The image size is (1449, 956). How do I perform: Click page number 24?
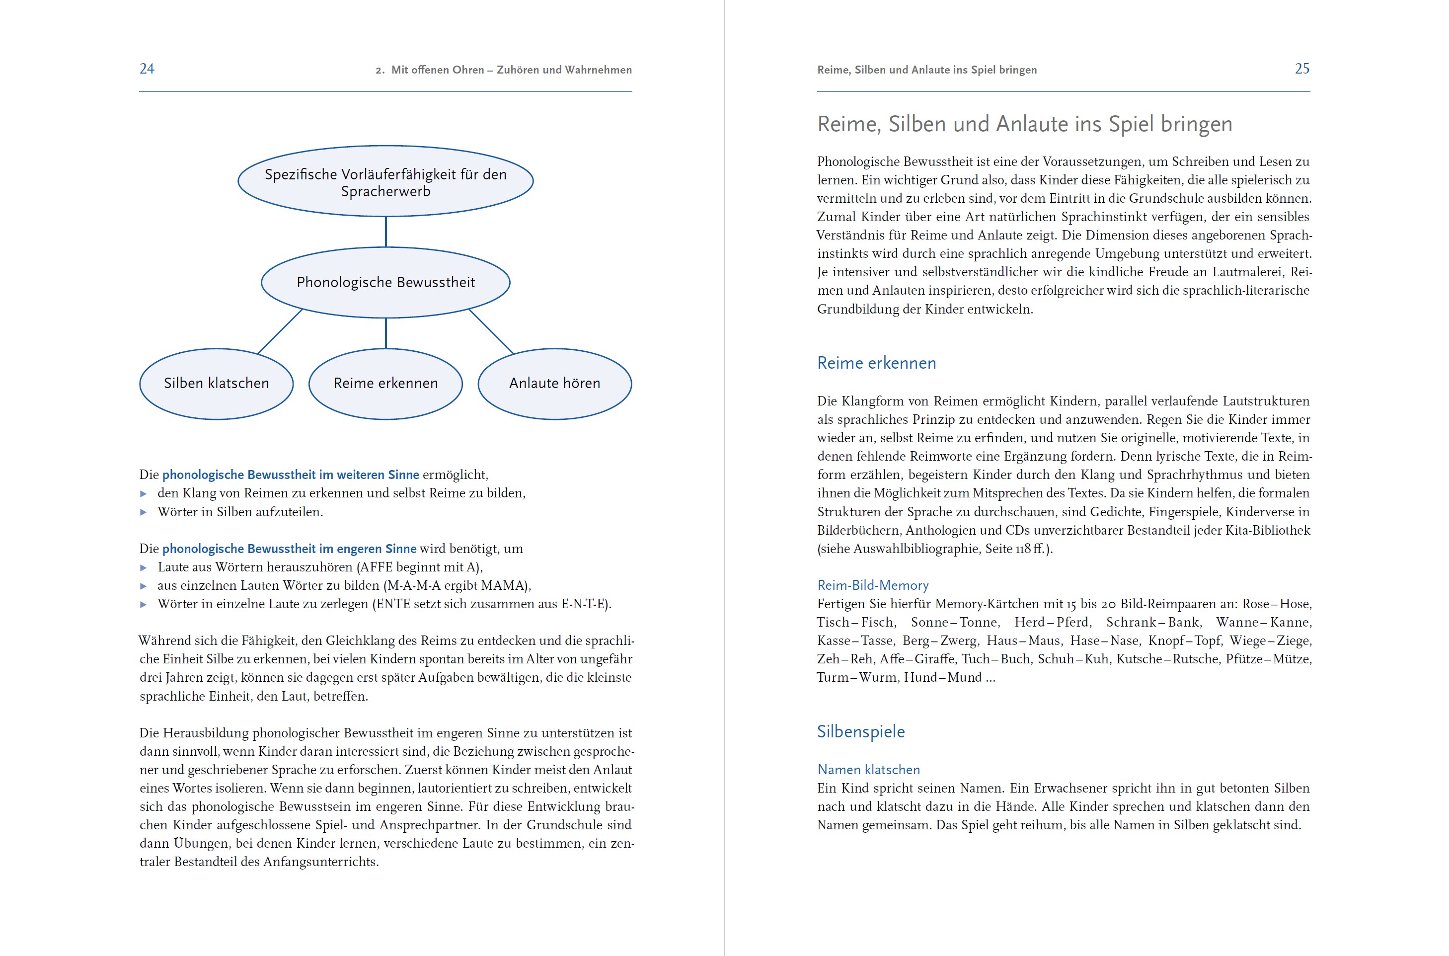pyautogui.click(x=147, y=69)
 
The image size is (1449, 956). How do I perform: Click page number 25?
pyautogui.click(x=1301, y=69)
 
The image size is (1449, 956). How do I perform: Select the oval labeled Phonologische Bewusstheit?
pyautogui.click(x=385, y=282)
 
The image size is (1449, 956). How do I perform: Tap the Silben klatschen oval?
pyautogui.click(x=216, y=384)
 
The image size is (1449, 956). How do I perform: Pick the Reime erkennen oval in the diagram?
pyautogui.click(x=385, y=384)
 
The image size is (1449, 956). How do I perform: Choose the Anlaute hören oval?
pyautogui.click(x=554, y=384)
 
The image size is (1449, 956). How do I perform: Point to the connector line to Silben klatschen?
pyautogui.click(x=280, y=332)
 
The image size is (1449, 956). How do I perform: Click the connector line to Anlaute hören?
pyautogui.click(x=491, y=332)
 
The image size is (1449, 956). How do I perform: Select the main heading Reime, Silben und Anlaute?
pyautogui.click(x=1024, y=124)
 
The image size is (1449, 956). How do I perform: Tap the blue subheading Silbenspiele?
pyautogui.click(x=860, y=731)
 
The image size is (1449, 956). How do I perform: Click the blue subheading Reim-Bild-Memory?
pyautogui.click(x=873, y=585)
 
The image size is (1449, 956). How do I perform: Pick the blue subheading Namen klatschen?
pyautogui.click(x=868, y=770)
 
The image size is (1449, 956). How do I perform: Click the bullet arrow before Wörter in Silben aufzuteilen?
pyautogui.click(x=144, y=512)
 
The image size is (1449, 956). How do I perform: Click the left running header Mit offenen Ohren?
pyautogui.click(x=503, y=70)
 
